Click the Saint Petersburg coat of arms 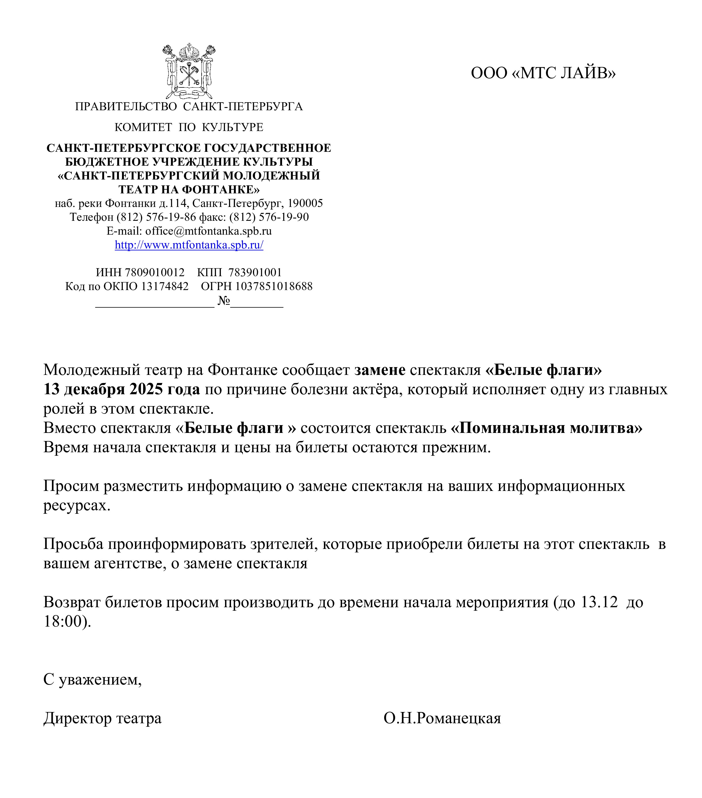tap(189, 71)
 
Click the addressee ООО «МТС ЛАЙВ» tap(543, 73)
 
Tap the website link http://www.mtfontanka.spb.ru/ tap(189, 245)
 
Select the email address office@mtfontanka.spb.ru tap(208, 231)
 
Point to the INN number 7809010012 tap(155, 272)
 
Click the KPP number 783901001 tap(255, 272)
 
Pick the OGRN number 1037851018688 tap(274, 287)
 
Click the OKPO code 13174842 tap(165, 287)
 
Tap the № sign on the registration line tap(223, 301)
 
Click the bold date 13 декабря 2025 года tap(121, 389)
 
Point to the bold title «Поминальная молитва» tap(546, 428)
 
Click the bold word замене tap(380, 370)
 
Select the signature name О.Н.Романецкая tap(442, 718)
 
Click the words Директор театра tap(102, 718)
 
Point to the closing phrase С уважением tap(92, 680)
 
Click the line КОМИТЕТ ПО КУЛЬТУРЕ tap(189, 127)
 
